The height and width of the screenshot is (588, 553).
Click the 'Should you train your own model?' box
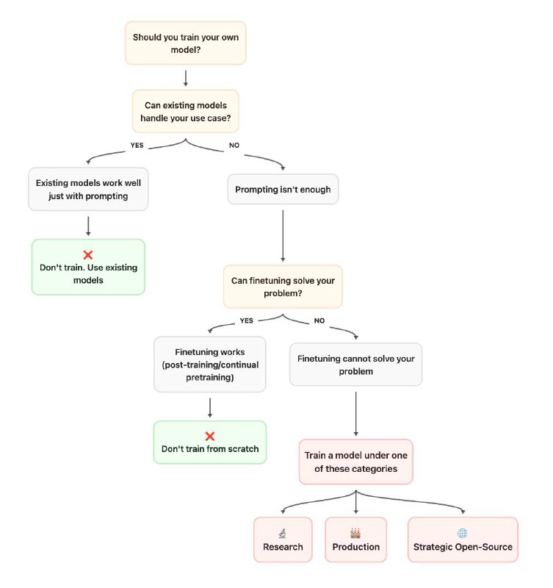click(x=186, y=43)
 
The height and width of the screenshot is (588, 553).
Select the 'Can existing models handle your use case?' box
click(x=186, y=112)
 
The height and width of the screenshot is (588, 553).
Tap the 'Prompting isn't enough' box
click(x=283, y=190)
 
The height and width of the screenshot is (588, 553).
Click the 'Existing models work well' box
click(x=88, y=189)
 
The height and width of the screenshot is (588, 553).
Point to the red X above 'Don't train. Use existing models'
click(x=88, y=255)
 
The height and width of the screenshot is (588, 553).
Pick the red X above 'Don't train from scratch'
click(x=210, y=436)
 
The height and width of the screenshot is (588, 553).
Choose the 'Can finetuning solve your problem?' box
click(x=283, y=287)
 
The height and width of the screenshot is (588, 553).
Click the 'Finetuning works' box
click(x=210, y=365)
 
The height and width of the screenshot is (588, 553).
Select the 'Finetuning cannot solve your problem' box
click(x=356, y=365)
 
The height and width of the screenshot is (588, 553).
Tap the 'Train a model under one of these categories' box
click(x=356, y=462)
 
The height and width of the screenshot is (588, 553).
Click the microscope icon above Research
click(x=283, y=533)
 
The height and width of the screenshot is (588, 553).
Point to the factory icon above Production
click(x=355, y=533)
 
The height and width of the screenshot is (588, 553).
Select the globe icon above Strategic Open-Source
click(x=463, y=533)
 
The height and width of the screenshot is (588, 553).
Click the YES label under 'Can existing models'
click(x=137, y=145)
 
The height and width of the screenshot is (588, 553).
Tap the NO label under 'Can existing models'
click(x=234, y=145)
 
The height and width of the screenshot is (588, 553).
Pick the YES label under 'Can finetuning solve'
click(x=247, y=320)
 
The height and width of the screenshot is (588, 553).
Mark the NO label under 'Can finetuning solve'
click(x=319, y=320)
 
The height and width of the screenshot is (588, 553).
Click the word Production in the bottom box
click(x=356, y=547)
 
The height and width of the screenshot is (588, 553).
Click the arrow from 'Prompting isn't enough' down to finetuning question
click(x=283, y=235)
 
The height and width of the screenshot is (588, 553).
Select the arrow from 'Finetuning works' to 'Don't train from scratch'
click(x=210, y=408)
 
